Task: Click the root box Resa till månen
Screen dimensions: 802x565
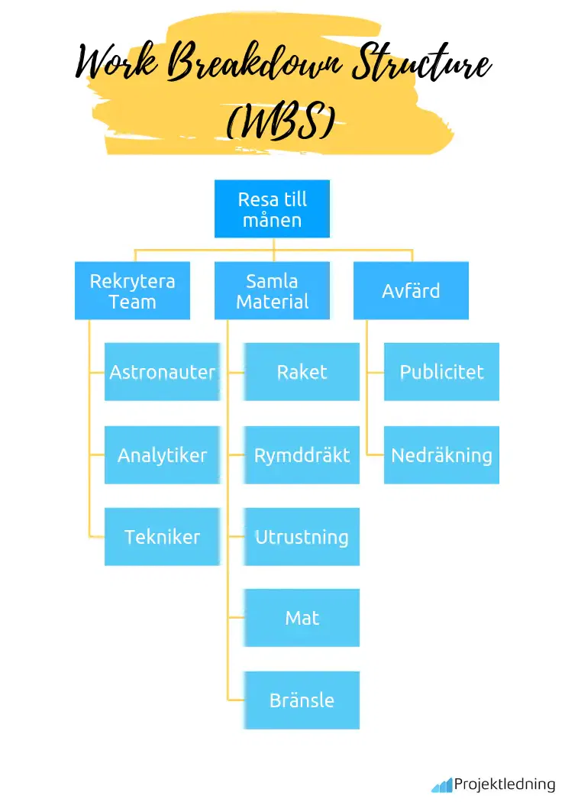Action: tap(272, 209)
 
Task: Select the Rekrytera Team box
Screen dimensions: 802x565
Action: tap(132, 291)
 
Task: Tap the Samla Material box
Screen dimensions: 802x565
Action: tap(272, 291)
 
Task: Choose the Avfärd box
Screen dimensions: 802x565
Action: tap(411, 291)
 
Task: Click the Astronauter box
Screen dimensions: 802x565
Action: tap(162, 372)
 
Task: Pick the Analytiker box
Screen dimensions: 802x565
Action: tap(162, 455)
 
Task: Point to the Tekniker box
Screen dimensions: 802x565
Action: tap(162, 537)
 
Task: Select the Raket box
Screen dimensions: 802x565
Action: tap(302, 372)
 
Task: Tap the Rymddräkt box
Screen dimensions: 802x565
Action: tap(302, 455)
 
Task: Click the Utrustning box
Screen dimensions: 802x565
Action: tap(302, 537)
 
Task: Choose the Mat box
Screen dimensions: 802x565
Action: tap(302, 618)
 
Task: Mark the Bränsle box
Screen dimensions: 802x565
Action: tap(302, 700)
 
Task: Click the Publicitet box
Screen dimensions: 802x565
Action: tap(441, 372)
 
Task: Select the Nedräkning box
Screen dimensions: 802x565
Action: tap(441, 455)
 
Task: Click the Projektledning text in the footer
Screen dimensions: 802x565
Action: tap(505, 784)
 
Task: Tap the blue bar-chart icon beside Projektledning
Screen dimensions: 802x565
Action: tap(441, 785)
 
